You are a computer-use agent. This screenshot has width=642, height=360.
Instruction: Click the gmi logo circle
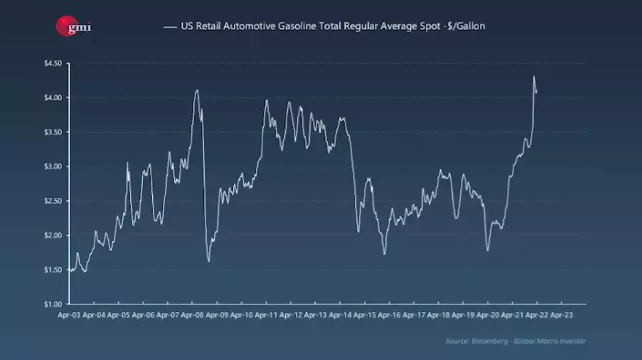point(65,27)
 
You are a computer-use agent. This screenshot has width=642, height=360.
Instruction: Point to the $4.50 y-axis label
point(53,63)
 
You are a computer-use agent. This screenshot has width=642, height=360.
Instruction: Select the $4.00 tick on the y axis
point(53,97)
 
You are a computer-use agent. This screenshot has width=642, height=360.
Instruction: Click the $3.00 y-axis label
point(53,166)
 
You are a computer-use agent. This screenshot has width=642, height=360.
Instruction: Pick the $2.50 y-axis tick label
point(53,201)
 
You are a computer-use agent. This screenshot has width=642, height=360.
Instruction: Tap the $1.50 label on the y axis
point(53,270)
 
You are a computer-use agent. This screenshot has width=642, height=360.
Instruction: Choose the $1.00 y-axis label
point(53,304)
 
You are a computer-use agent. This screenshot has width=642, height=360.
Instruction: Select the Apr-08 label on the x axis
point(193,314)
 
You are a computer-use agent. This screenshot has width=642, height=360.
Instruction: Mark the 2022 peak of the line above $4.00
point(534,77)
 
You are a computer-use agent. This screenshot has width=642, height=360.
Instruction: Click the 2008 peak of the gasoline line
point(197,90)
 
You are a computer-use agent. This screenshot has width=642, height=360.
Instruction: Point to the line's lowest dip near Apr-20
point(488,250)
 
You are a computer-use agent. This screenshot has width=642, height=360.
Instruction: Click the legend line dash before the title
point(169,27)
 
